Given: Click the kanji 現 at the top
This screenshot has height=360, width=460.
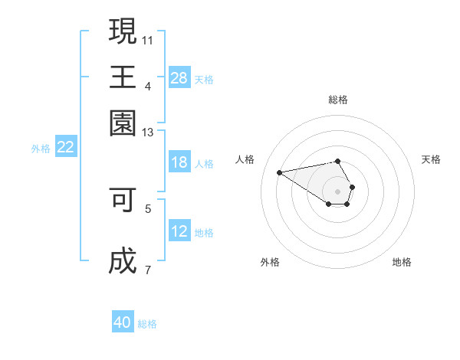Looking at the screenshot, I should click(x=123, y=31).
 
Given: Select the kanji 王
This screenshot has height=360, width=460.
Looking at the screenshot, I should click(x=123, y=77).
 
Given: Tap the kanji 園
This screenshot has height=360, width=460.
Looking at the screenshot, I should click(x=123, y=123).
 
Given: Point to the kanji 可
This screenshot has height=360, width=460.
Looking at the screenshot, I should click(x=123, y=200).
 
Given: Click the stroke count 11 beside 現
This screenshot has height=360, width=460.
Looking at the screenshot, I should click(x=148, y=39).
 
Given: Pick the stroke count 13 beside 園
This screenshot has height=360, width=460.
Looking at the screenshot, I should click(x=148, y=133).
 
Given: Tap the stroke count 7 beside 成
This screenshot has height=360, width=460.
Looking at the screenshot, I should click(x=148, y=269).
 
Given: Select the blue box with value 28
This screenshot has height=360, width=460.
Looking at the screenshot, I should click(x=179, y=77).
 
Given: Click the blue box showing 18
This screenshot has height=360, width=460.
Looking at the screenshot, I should click(x=179, y=162).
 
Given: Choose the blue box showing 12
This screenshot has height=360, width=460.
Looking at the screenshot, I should click(x=179, y=231).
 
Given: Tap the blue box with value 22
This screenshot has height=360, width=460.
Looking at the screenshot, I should click(x=66, y=148).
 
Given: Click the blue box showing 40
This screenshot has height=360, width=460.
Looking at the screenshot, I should click(x=123, y=322).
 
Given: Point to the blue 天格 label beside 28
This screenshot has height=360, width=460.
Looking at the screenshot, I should click(x=204, y=79).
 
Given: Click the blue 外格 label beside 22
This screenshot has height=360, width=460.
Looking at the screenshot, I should click(x=41, y=149).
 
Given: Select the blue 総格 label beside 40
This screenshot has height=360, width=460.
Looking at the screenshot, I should click(x=147, y=324).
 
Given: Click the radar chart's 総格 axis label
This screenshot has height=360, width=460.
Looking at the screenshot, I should click(x=338, y=100).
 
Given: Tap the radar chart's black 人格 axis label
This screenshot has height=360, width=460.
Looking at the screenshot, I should click(x=245, y=159).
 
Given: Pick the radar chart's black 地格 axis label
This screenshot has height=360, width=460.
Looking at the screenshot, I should click(x=402, y=262).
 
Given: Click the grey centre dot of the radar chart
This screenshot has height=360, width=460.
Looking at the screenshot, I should click(x=338, y=191).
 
